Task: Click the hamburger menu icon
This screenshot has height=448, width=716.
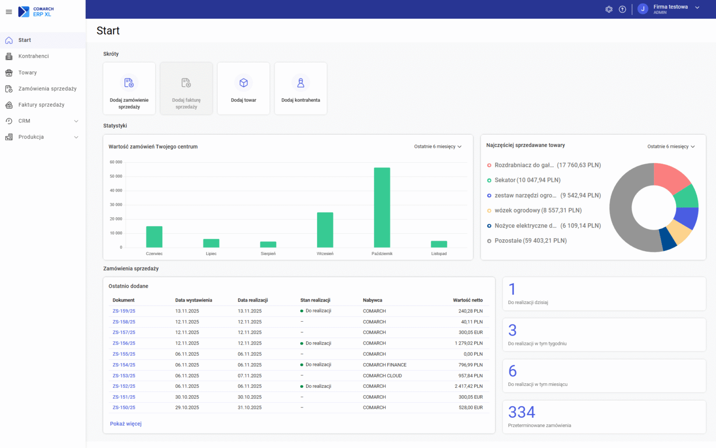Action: (9, 12)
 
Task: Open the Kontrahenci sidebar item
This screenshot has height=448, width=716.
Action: (34, 56)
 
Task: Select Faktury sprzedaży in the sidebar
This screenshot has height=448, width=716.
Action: (41, 105)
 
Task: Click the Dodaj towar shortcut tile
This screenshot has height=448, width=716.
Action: (243, 89)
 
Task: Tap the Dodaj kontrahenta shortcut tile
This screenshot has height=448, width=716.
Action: (301, 89)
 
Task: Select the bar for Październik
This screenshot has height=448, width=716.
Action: (382, 207)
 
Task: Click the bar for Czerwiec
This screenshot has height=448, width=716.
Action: (154, 237)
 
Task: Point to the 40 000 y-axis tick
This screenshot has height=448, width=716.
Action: (116, 191)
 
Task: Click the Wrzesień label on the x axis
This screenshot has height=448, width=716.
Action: (325, 254)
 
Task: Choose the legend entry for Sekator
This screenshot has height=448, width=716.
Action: (527, 180)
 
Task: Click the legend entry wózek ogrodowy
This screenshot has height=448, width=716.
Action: (538, 210)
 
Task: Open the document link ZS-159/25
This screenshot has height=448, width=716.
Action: (124, 311)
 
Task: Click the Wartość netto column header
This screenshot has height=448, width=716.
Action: (468, 300)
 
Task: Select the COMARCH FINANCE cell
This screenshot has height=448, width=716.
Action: (385, 365)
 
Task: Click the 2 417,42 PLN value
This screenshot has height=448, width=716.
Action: (468, 386)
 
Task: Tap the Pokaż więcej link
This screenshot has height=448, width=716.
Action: (126, 424)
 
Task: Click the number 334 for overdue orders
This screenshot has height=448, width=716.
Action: (522, 412)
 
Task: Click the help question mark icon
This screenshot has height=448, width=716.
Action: (622, 9)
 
